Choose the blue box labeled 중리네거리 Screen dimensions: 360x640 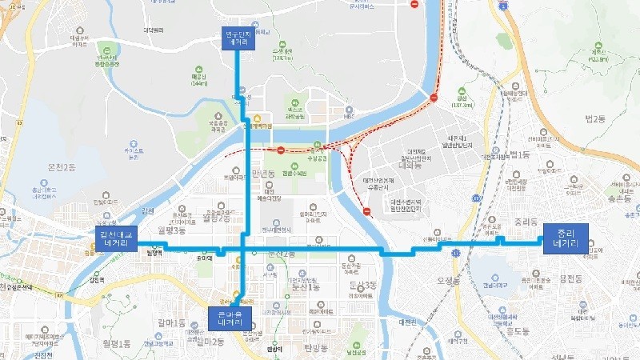[566, 238]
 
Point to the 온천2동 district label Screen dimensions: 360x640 [62, 167]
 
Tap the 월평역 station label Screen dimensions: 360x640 [155, 254]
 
